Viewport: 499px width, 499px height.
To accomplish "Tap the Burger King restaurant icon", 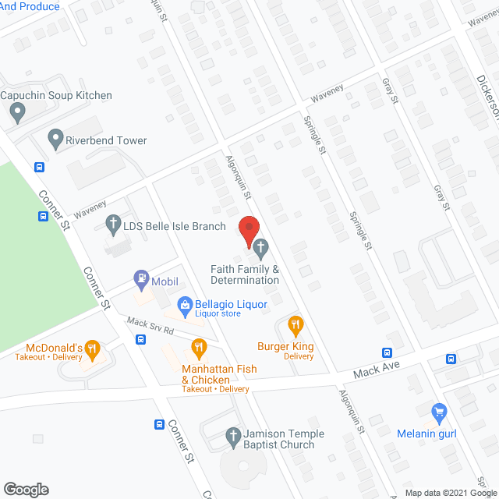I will tap(296, 324).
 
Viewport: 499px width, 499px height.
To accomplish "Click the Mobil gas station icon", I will tap(141, 276).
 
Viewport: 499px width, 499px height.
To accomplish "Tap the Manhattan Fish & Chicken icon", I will tap(200, 347).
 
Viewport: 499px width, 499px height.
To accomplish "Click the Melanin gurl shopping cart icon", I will tap(439, 410).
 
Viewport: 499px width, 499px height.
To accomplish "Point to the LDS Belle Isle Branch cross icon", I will tap(112, 226).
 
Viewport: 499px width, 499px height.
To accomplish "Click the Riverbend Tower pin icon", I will tap(55, 140).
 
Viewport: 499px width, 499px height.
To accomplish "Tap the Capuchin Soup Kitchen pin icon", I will tap(17, 113).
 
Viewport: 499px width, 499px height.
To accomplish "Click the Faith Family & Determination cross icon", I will tap(261, 249).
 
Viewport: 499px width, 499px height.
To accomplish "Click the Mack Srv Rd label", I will tap(150, 326).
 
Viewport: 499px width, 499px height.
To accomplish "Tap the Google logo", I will tap(25, 489).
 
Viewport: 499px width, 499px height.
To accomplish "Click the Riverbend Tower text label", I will tap(108, 140).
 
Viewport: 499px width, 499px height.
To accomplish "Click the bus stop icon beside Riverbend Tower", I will tap(39, 167).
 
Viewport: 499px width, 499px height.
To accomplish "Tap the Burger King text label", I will tap(286, 345).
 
